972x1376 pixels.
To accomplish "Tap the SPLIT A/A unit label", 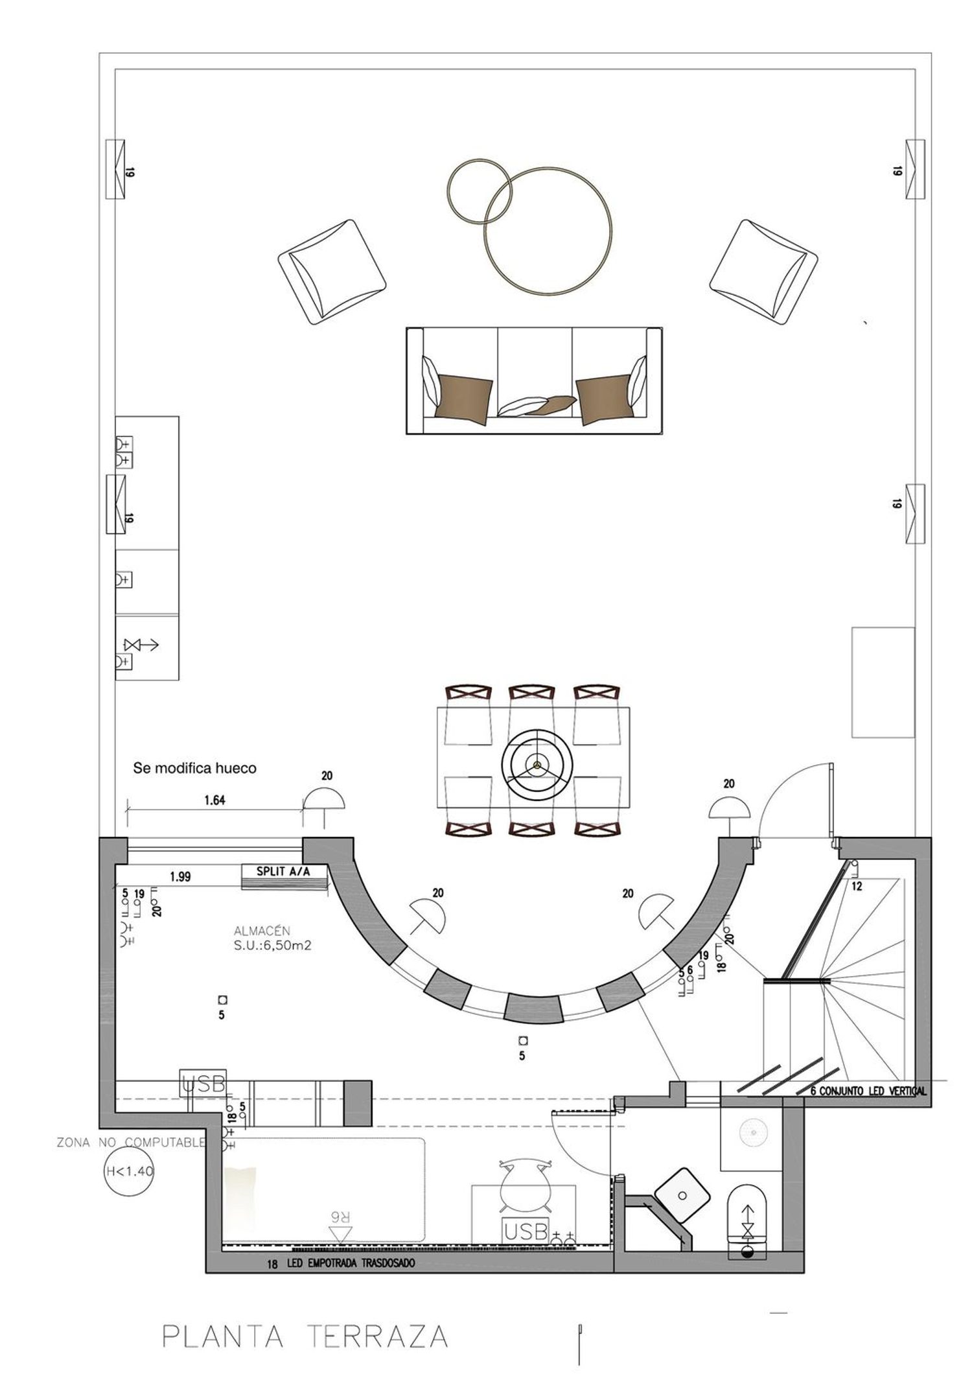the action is (x=283, y=872).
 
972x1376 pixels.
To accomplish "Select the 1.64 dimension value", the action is (x=214, y=800).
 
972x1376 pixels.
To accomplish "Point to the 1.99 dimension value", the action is (x=180, y=877).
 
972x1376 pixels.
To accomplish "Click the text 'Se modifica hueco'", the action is (x=195, y=769).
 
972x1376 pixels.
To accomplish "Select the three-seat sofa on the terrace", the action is (x=534, y=380).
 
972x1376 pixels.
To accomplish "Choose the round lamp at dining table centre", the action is (x=537, y=765).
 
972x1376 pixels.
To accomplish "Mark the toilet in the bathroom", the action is (x=748, y=1220).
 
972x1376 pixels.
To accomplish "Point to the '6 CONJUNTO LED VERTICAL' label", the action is (x=869, y=1091).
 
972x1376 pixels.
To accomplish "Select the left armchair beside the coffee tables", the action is (x=332, y=272).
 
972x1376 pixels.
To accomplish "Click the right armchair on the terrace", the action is (x=763, y=272).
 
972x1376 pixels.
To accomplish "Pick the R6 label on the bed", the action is (x=341, y=1231).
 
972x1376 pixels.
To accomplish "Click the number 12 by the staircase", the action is (x=857, y=887).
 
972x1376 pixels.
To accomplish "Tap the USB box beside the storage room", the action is (x=203, y=1084).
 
